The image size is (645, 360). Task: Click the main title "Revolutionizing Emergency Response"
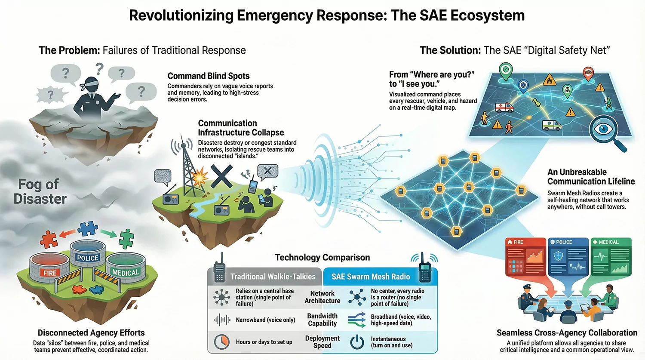[x=326, y=16]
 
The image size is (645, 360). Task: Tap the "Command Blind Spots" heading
[x=208, y=76]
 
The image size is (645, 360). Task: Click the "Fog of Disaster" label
[x=40, y=191]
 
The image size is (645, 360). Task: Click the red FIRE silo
[x=50, y=269]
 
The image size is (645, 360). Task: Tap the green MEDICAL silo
[x=125, y=269]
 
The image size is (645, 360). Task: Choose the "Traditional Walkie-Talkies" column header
[x=273, y=277]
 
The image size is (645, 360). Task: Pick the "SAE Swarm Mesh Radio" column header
[x=371, y=277]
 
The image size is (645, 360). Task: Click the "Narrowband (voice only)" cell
[x=265, y=320]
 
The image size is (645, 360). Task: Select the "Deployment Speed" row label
[x=322, y=342]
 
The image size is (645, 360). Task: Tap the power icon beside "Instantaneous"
[x=357, y=342]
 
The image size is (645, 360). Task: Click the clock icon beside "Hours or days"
[x=221, y=342]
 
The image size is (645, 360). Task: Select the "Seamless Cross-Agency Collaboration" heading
[x=567, y=333]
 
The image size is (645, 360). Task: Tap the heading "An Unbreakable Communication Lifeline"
[x=591, y=177]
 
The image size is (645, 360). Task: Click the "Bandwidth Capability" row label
[x=322, y=320]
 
